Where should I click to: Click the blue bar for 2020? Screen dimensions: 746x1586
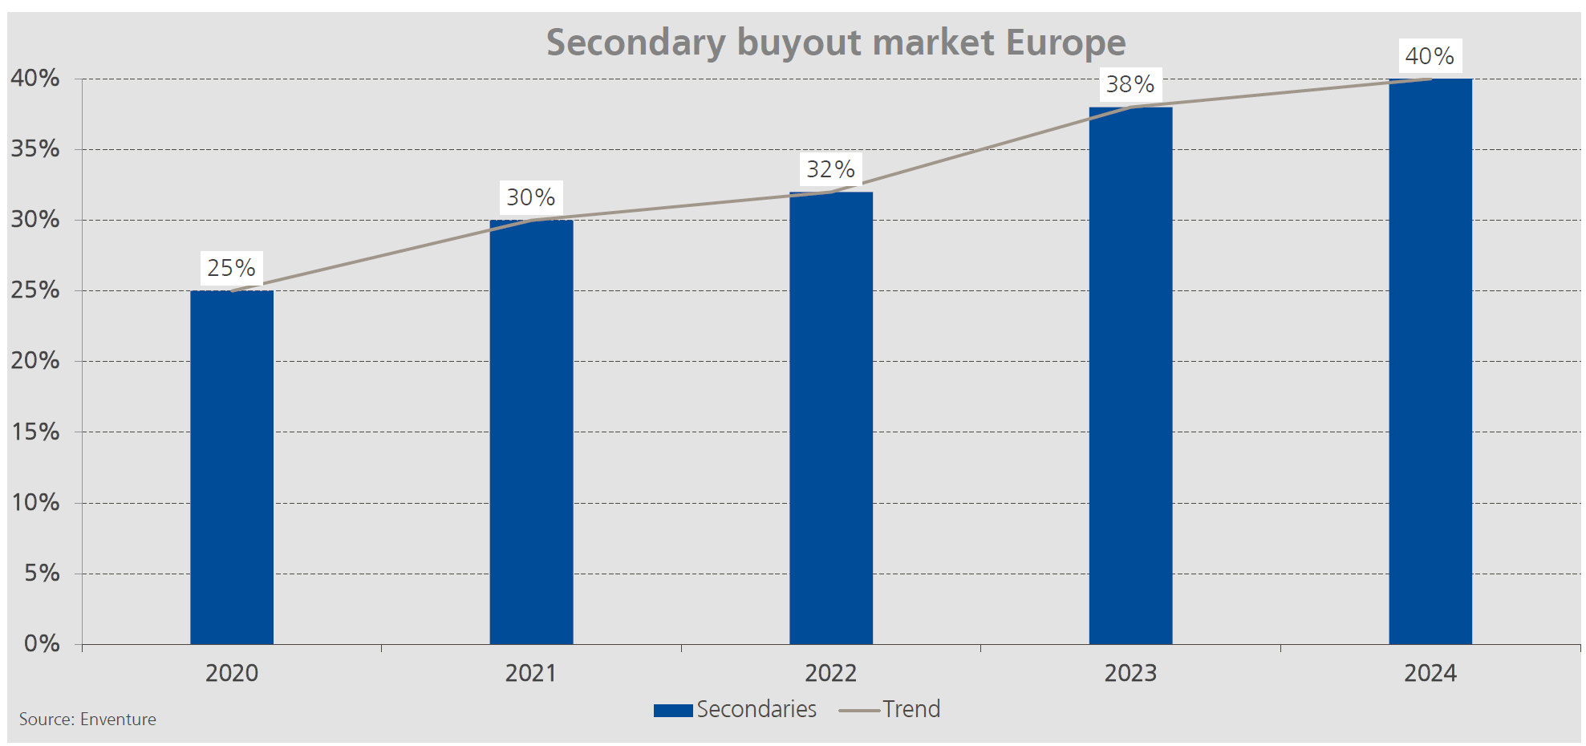(x=232, y=467)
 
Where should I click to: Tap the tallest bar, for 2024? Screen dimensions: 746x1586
(x=1430, y=361)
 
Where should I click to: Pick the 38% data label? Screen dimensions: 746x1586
(x=1130, y=84)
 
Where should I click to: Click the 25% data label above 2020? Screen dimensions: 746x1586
(x=231, y=268)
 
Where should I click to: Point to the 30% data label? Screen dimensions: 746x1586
(x=530, y=197)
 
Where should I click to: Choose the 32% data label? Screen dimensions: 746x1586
(x=830, y=169)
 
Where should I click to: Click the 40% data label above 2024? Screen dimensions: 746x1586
(x=1430, y=56)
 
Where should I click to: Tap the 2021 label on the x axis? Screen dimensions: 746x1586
(x=530, y=673)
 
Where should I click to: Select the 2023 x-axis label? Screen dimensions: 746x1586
(x=1130, y=673)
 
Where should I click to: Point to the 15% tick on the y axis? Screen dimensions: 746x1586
(x=35, y=432)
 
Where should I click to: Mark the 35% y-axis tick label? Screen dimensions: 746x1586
(x=35, y=149)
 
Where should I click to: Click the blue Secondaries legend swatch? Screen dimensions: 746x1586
(x=672, y=710)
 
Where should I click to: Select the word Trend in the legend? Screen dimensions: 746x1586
(x=911, y=709)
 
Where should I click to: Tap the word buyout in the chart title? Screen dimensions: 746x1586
(x=799, y=43)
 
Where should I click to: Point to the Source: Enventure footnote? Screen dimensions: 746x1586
(x=87, y=720)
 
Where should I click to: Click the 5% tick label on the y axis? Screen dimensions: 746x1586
(x=42, y=574)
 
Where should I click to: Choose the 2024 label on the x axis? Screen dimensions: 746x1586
(x=1430, y=673)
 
